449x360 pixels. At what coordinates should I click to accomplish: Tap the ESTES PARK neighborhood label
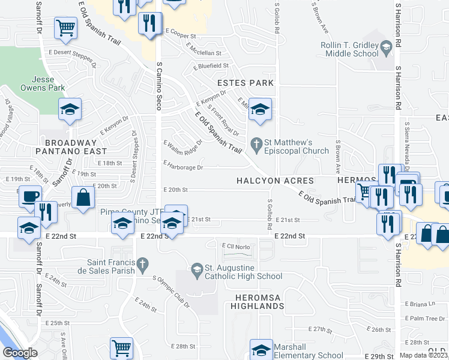(x=246, y=83)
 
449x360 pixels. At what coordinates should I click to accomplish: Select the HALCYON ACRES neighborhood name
(x=276, y=181)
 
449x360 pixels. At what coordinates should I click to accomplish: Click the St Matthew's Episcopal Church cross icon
(x=256, y=143)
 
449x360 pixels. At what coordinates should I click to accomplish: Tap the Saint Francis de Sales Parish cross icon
(x=142, y=263)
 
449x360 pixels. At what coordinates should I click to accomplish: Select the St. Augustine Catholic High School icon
(x=197, y=272)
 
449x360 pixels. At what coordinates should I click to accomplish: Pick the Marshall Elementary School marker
(x=261, y=349)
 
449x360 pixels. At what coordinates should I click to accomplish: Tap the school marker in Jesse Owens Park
(x=70, y=109)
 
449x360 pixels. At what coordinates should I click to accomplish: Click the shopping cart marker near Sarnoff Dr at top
(x=66, y=27)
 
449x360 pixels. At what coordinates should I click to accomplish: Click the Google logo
(x=20, y=353)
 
